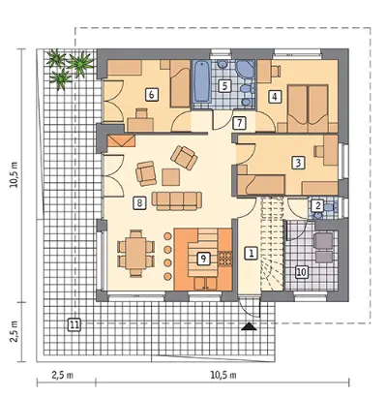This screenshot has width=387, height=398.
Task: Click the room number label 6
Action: (x=152, y=95)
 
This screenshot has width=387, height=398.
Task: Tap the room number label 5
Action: (x=224, y=86)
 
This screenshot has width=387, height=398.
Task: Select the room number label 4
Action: (x=275, y=97)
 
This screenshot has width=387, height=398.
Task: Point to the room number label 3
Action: (x=298, y=163)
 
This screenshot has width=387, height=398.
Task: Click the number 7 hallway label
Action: (x=239, y=123)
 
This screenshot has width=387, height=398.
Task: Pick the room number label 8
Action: (x=139, y=202)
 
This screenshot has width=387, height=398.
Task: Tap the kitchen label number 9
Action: (x=203, y=259)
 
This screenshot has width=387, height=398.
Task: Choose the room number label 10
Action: (x=301, y=272)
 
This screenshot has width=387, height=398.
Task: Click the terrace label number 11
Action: (x=74, y=324)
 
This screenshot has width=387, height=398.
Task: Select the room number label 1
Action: (x=252, y=253)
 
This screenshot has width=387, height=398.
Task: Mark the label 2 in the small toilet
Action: (x=318, y=205)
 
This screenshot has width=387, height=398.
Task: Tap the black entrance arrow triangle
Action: (x=249, y=326)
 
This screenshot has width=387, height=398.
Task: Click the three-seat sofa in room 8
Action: (x=177, y=200)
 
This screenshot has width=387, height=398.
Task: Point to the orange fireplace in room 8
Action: (x=121, y=140)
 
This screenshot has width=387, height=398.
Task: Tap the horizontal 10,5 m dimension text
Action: (x=223, y=375)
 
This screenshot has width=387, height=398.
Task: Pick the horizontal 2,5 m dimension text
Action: (x=62, y=375)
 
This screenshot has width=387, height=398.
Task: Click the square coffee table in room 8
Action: (x=171, y=177)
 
